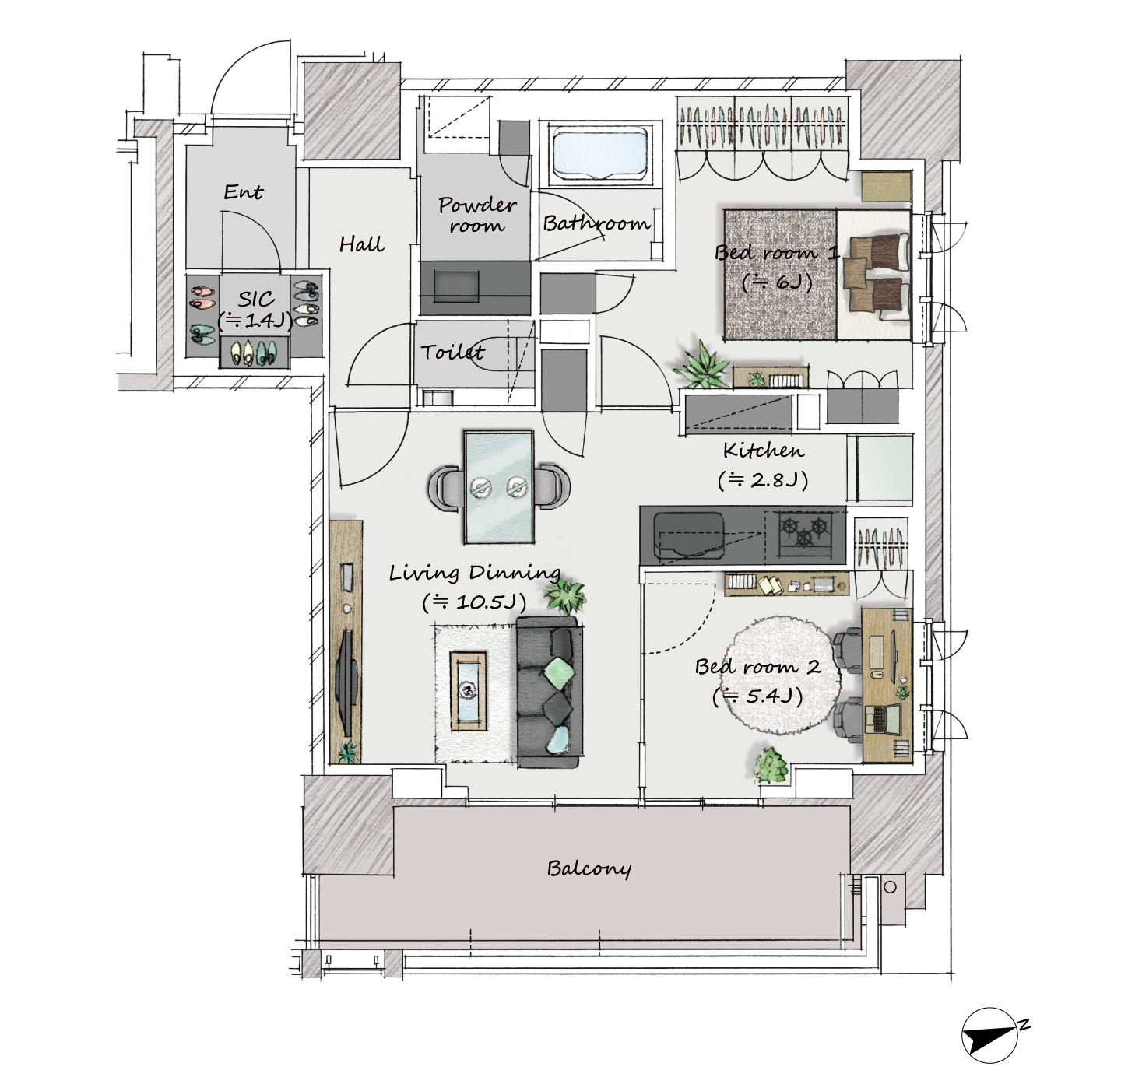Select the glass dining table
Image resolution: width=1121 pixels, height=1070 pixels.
click(499, 486)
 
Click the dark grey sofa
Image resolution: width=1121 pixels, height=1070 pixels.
click(550, 692)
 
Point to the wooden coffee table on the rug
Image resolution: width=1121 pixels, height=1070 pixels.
click(468, 691)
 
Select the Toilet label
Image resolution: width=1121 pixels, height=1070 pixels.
click(453, 352)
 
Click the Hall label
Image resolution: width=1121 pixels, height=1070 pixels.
click(362, 245)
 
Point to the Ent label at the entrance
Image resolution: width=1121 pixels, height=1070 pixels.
click(243, 191)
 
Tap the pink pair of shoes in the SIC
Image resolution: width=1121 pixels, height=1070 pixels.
click(202, 297)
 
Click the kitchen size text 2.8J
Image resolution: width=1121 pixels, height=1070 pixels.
click(763, 479)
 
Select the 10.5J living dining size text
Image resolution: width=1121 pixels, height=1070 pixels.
click(474, 602)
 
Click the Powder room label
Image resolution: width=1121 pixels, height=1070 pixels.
click(476, 214)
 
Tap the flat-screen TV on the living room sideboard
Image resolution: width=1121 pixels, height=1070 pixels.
click(348, 682)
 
